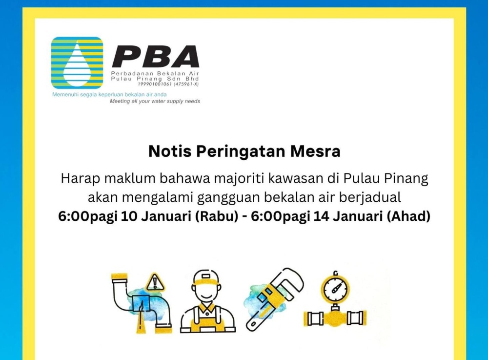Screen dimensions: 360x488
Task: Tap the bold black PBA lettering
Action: pyautogui.click(x=155, y=57)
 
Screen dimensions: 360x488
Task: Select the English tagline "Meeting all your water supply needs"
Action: pyautogui.click(x=155, y=101)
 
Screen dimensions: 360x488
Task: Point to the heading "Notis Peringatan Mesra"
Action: pyautogui.click(x=244, y=151)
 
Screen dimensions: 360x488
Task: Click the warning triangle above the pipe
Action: pyautogui.click(x=155, y=282)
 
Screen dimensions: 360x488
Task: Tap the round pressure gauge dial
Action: pyautogui.click(x=335, y=288)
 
